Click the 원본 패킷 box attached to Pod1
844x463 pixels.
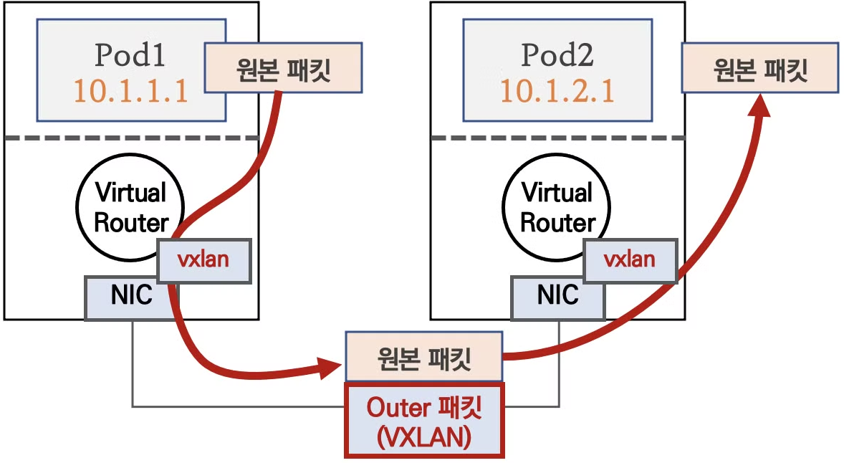coord(283,70)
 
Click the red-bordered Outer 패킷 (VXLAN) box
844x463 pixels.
coord(425,420)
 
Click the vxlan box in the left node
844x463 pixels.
coord(203,259)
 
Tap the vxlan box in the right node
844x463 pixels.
coord(630,259)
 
